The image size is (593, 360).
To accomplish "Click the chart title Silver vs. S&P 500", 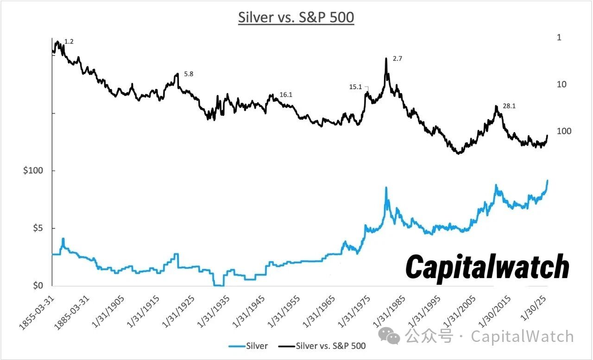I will click(296, 18).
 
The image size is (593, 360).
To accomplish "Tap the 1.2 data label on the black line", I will click(69, 42).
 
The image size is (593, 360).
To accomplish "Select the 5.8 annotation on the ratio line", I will click(189, 74).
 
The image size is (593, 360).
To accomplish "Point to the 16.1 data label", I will click(286, 95).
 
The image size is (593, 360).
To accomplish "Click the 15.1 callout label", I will click(355, 87).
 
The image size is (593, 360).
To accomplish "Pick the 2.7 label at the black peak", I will click(397, 59).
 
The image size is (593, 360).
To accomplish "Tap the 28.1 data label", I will click(509, 106).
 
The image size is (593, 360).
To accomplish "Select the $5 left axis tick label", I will click(35, 228).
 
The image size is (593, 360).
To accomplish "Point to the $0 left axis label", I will click(35, 286).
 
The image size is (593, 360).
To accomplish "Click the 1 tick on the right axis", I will click(559, 37).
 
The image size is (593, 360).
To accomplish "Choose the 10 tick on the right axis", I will click(561, 84).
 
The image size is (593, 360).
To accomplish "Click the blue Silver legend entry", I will click(249, 346).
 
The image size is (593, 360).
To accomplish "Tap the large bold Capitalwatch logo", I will click(487, 267).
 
